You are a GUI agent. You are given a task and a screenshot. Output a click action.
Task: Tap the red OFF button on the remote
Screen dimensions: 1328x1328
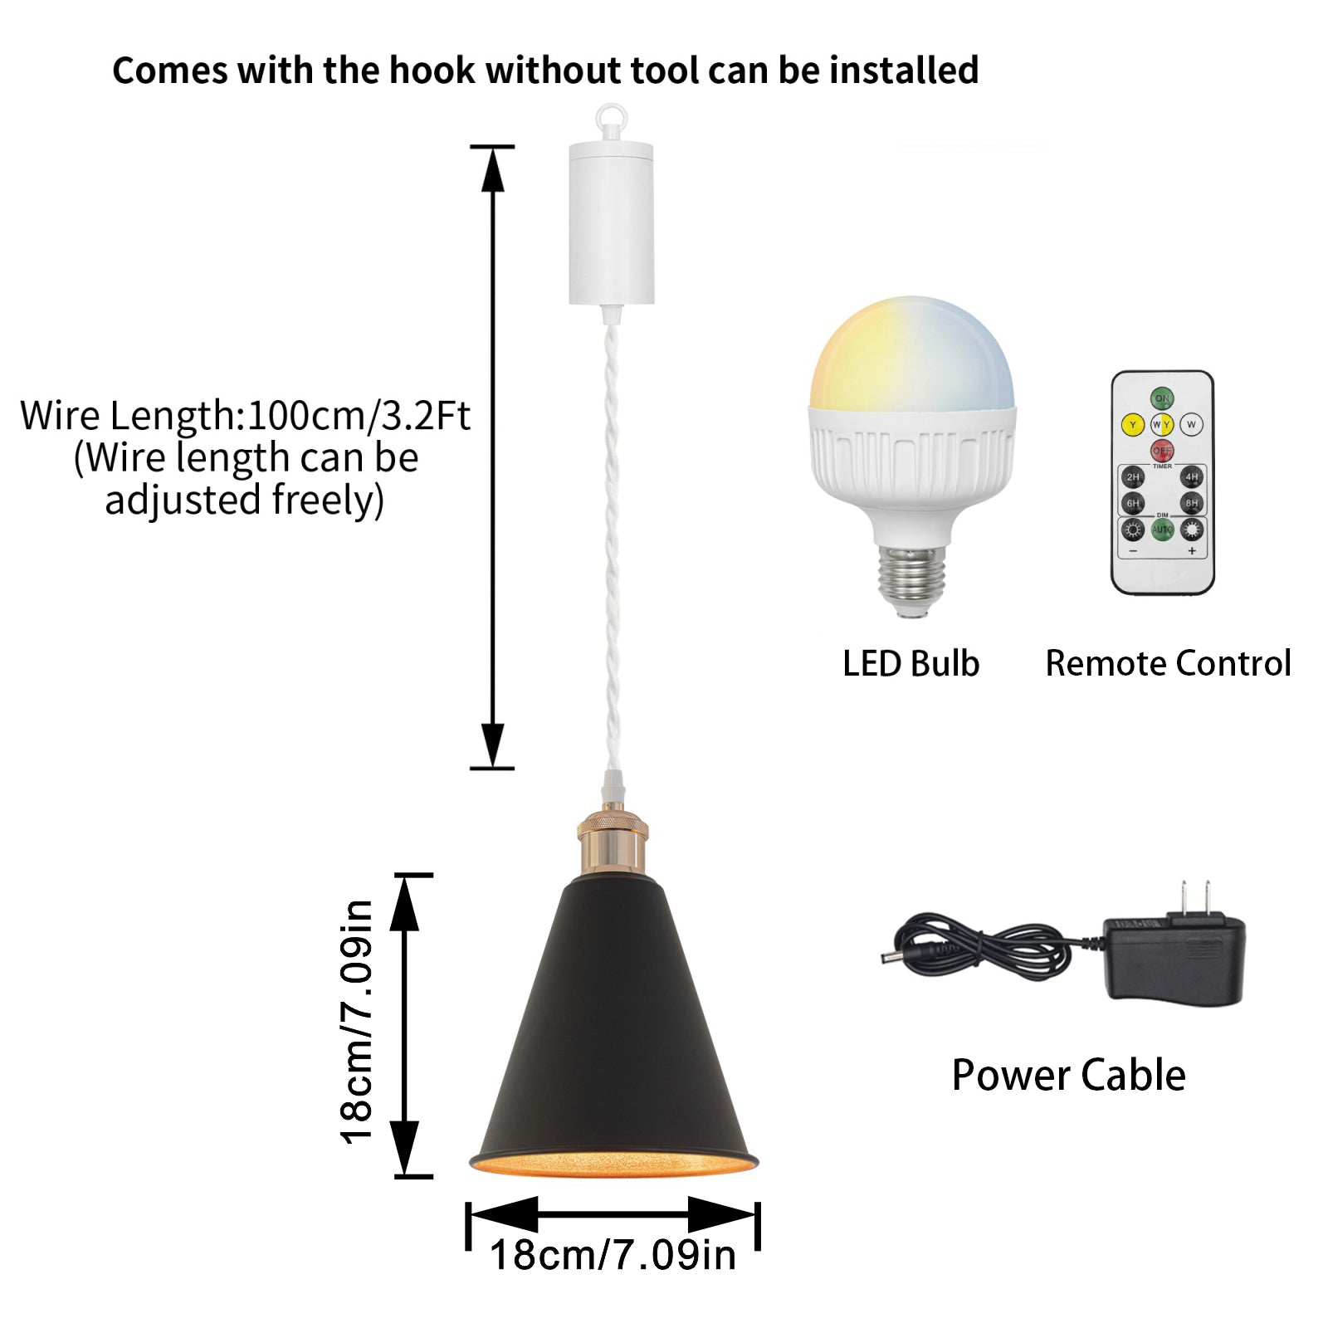(1161, 451)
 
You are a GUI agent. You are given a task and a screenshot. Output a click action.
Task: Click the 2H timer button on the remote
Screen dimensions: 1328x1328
(1132, 477)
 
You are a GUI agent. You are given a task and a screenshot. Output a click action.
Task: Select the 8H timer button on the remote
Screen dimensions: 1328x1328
(1191, 503)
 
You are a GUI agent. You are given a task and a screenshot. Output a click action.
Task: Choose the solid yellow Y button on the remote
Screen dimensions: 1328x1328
(1132, 425)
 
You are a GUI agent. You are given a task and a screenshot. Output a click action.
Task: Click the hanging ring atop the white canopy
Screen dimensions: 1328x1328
(610, 117)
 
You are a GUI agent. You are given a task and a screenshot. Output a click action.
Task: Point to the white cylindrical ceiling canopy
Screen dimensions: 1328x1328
(611, 222)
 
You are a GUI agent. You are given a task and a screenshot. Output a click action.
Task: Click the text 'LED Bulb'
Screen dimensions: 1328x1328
(911, 664)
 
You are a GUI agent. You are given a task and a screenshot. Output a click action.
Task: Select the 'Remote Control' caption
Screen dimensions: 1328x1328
(1168, 664)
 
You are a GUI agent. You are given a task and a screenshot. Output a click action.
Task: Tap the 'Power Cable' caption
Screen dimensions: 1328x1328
(1068, 1076)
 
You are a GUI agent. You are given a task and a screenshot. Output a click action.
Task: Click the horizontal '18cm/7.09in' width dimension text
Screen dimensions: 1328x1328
(613, 1255)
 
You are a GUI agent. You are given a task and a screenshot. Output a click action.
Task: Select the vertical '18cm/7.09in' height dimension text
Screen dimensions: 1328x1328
(357, 1022)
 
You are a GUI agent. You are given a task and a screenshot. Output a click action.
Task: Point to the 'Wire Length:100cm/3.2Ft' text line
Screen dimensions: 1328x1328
(245, 415)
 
